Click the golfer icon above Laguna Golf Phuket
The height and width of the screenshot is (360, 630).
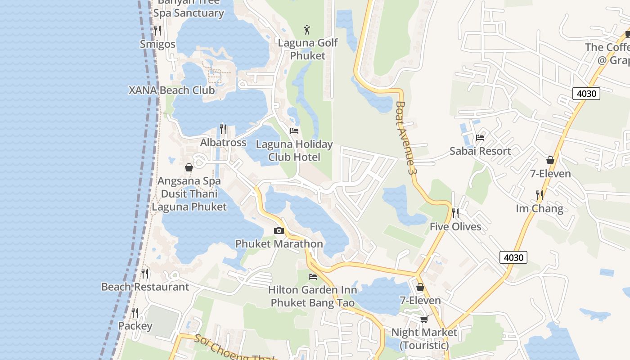pyautogui.click(x=307, y=30)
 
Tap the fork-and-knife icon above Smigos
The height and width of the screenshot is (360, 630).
pyautogui.click(x=157, y=31)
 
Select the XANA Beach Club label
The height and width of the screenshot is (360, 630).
pyautogui.click(x=171, y=90)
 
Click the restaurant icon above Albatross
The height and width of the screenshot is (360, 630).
pyautogui.click(x=223, y=129)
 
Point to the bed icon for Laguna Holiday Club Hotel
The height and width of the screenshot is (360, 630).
pyautogui.click(x=294, y=131)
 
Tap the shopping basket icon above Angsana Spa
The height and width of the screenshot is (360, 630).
pyautogui.click(x=189, y=167)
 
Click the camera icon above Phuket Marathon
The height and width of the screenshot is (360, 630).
pyautogui.click(x=279, y=231)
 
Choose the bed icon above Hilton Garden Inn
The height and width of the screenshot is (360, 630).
pyautogui.click(x=313, y=276)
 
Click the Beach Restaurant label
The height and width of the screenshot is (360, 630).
pyautogui.click(x=145, y=287)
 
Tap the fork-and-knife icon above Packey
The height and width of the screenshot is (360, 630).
pyautogui.click(x=135, y=312)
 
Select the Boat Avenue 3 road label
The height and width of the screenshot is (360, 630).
pyautogui.click(x=404, y=137)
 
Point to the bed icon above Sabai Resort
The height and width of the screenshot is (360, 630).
pyautogui.click(x=480, y=138)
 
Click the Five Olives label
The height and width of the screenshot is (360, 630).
pyautogui.click(x=455, y=226)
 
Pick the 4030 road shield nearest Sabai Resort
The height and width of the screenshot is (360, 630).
pyautogui.click(x=586, y=94)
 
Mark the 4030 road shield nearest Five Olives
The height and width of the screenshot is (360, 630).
pyautogui.click(x=513, y=257)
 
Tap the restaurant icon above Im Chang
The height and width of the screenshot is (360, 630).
pyautogui.click(x=539, y=195)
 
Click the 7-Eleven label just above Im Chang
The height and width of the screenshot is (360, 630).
pyautogui.click(x=550, y=174)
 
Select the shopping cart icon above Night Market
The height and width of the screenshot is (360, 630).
pyautogui.click(x=424, y=319)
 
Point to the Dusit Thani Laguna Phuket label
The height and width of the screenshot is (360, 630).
pyautogui.click(x=189, y=200)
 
